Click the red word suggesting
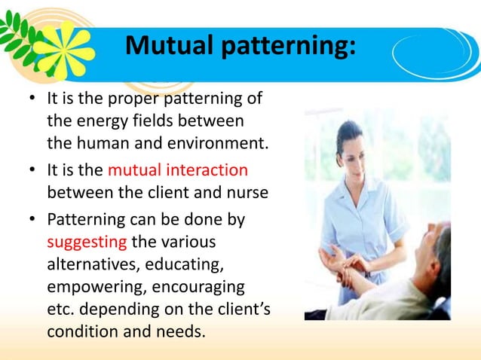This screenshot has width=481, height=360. click(87, 243)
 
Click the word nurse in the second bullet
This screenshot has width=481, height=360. click(247, 193)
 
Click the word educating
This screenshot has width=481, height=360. click(188, 264)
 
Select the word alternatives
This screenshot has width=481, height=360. click(93, 264)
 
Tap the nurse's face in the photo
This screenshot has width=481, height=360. click(352, 148)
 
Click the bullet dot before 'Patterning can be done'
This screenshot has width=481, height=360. click(34, 221)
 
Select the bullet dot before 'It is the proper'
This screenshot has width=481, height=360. click(34, 99)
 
